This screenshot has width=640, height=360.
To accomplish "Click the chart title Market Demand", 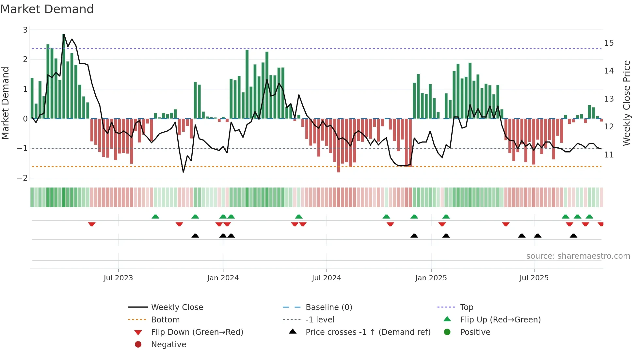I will click(47, 9).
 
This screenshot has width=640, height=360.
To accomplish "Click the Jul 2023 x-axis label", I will click(118, 278).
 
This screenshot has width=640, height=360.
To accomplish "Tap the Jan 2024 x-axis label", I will click(223, 278).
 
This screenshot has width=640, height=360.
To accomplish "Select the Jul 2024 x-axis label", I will click(326, 278).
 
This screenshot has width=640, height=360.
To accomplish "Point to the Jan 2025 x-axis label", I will click(431, 278).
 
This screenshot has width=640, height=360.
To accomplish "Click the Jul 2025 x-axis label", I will click(534, 278).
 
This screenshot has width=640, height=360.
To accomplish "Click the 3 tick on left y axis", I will click(25, 30).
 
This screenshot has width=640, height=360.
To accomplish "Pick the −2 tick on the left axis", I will click(23, 178).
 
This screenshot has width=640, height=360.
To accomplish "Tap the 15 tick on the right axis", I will click(609, 43).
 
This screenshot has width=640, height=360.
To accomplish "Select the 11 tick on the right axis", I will click(609, 155).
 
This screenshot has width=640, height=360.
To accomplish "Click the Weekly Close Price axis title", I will click(626, 103).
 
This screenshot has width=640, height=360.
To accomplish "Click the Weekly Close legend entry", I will click(177, 307).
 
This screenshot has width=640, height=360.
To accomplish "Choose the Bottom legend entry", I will click(165, 320).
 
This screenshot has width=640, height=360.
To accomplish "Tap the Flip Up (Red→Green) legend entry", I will click(500, 320).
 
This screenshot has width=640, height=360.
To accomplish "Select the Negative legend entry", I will click(168, 345).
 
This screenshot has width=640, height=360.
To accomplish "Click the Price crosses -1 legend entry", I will click(368, 332).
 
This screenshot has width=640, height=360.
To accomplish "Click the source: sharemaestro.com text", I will click(578, 256).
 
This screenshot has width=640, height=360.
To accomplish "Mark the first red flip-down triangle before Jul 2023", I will click(92, 224).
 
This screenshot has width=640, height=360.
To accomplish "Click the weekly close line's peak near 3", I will click(64, 34).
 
